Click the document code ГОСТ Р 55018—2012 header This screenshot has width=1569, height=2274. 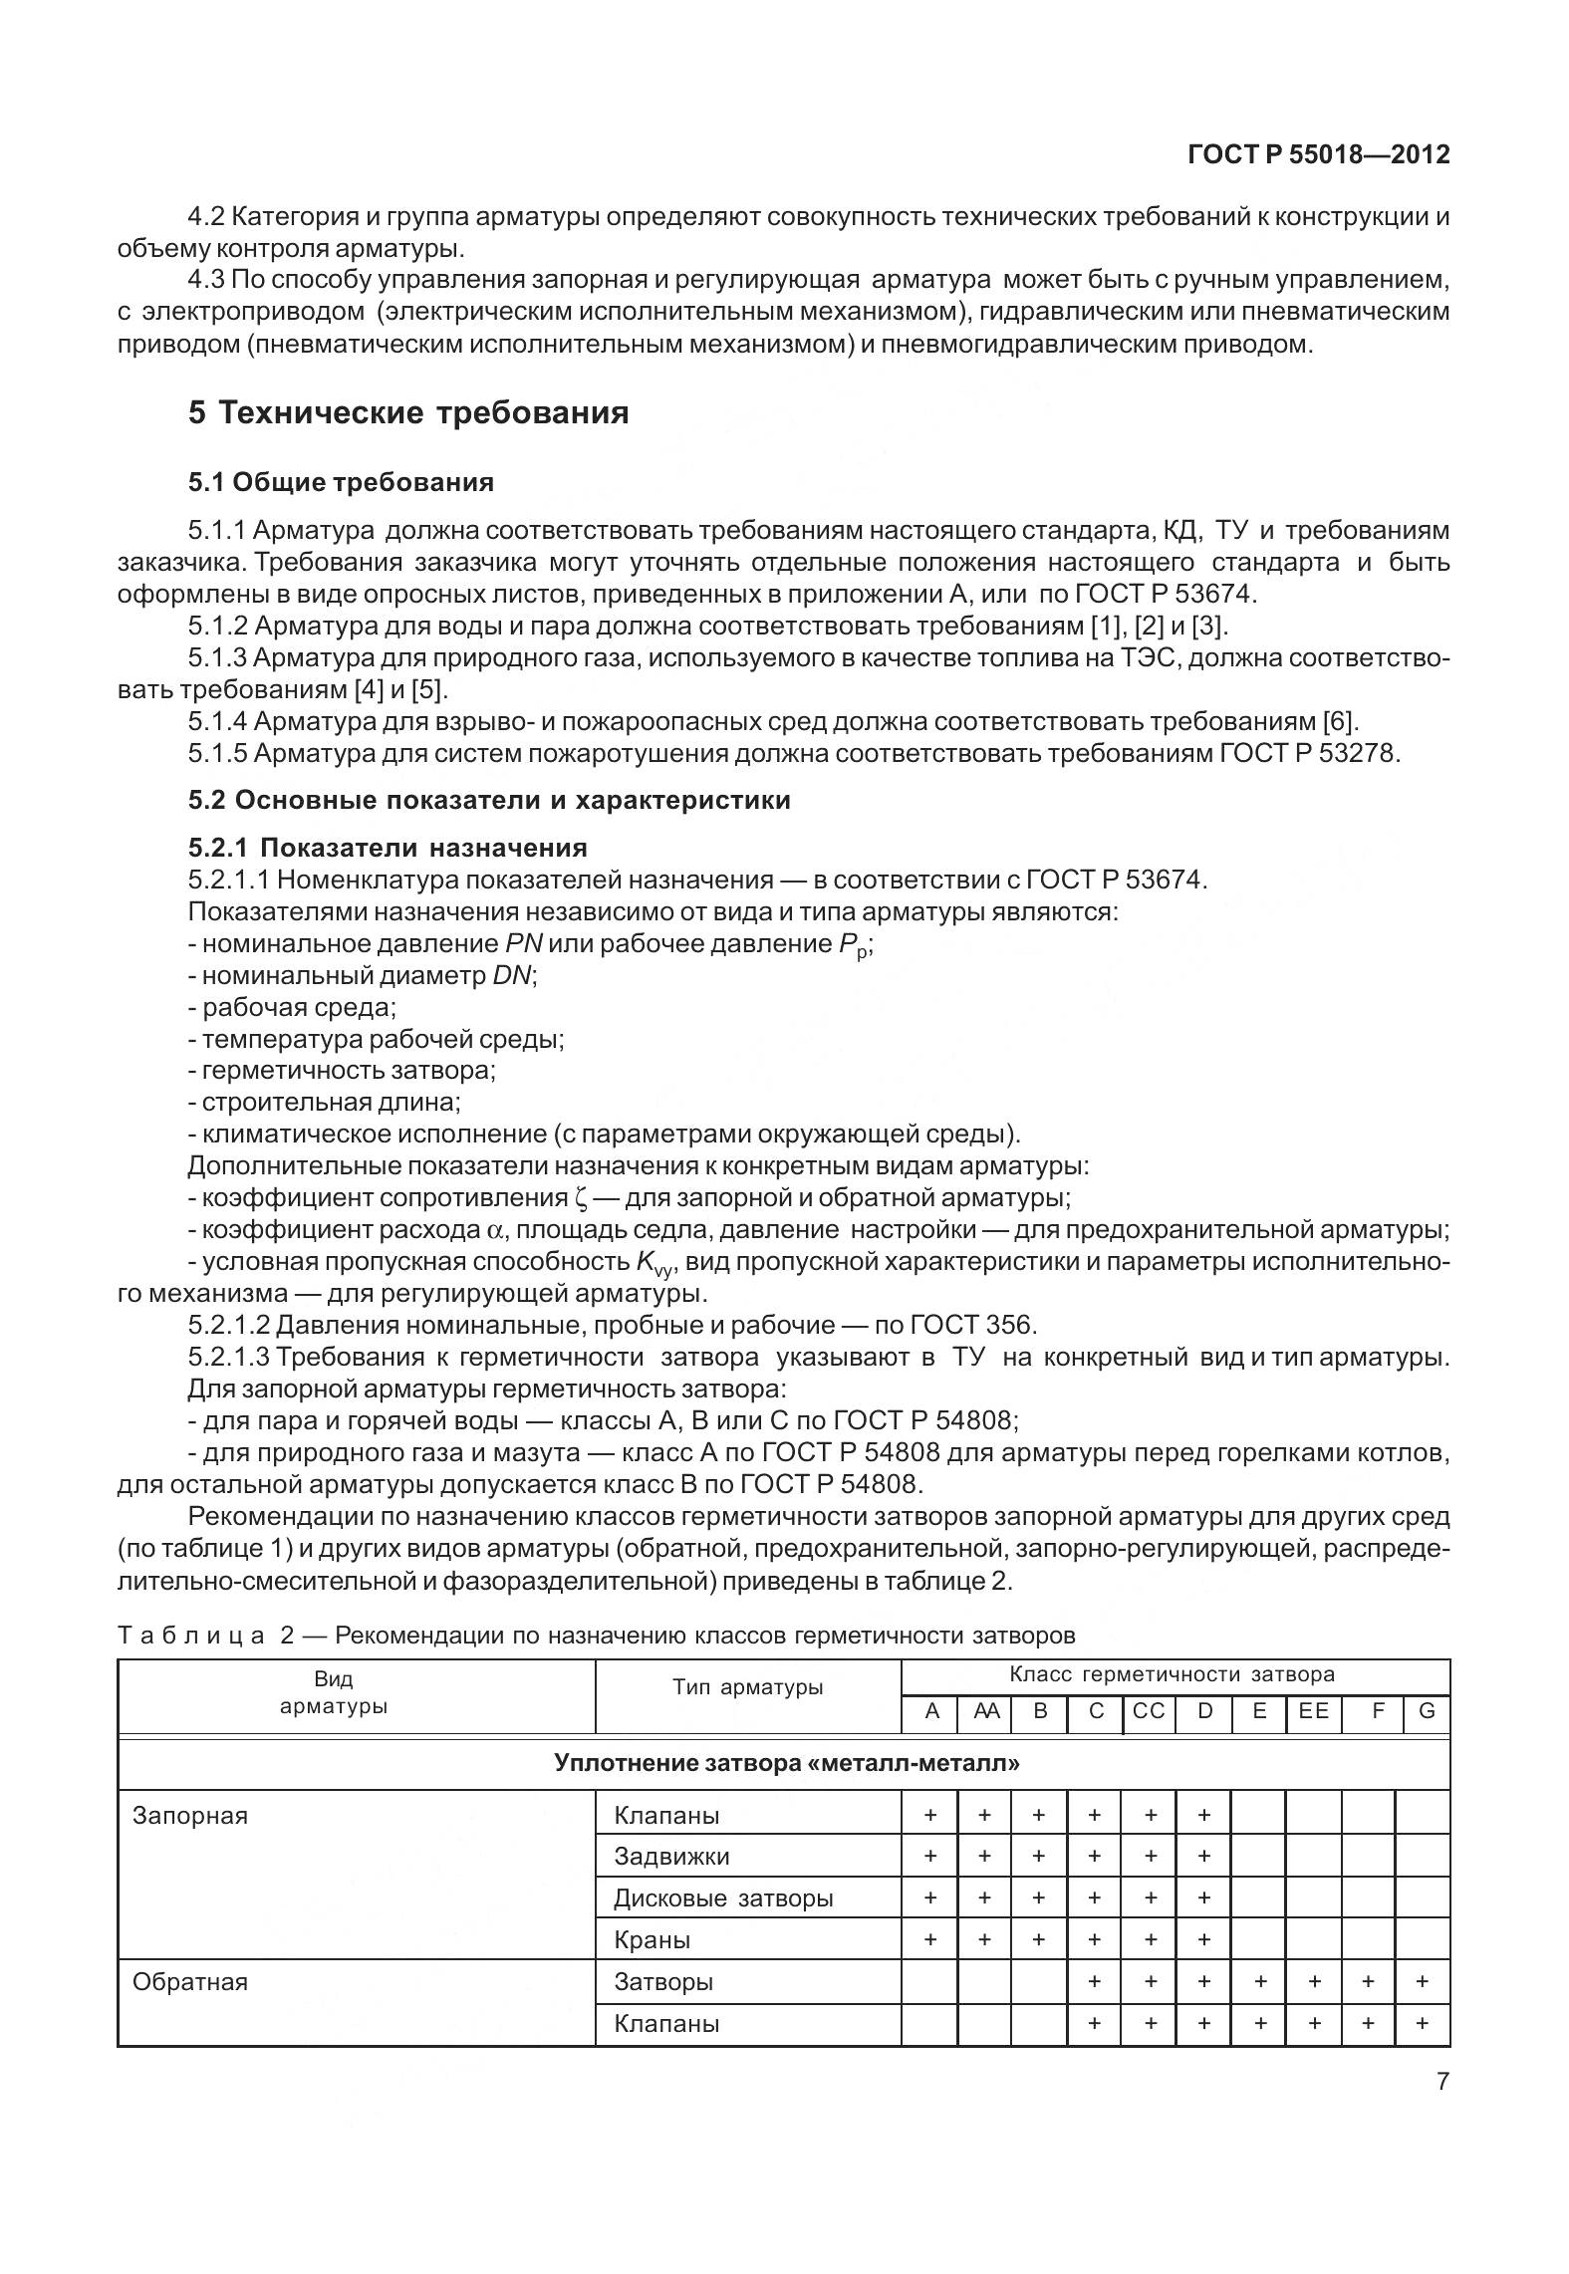[1318, 155]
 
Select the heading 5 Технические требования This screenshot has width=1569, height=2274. [408, 412]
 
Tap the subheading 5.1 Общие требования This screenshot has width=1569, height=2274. [341, 483]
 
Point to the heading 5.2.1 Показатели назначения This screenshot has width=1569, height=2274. [388, 848]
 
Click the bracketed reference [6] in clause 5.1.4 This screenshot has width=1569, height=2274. [1340, 721]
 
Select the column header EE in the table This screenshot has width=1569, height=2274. [1313, 1711]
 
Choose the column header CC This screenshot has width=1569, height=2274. [1149, 1711]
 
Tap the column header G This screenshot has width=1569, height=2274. [1426, 1711]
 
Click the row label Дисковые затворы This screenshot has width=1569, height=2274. [723, 1898]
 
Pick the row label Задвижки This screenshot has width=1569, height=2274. [671, 1857]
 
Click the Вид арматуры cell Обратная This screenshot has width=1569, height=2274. [190, 1982]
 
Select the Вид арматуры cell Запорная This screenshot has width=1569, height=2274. [190, 1815]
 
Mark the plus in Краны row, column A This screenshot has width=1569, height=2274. [930, 1939]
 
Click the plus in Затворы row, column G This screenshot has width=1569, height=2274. [1423, 1981]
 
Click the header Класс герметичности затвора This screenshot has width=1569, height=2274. [1172, 1674]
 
